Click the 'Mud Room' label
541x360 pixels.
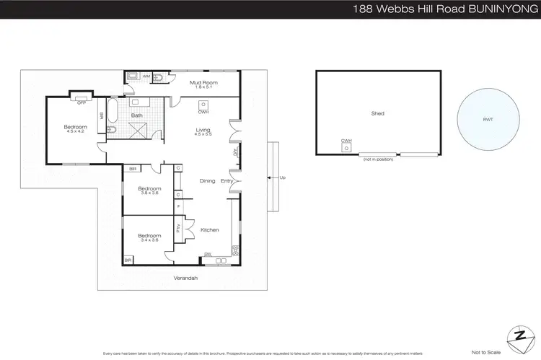coord(203,83)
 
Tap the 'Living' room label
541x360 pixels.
coord(203,130)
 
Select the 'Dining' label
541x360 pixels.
coord(207,181)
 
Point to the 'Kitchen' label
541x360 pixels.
coord(209,230)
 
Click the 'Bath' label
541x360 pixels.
coord(136,115)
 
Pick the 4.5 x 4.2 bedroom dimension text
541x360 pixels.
coord(76,132)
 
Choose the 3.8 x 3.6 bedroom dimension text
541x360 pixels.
coord(149,193)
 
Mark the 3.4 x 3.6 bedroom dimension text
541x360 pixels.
coord(149,241)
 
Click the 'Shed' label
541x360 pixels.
coord(377,113)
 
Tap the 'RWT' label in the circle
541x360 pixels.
coord(489,120)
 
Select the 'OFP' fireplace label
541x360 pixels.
coord(82,102)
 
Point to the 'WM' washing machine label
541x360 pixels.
coord(146,76)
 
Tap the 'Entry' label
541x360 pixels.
coord(226,181)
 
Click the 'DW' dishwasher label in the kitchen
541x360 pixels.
coord(208,254)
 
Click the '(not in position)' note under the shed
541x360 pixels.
coord(377,158)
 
